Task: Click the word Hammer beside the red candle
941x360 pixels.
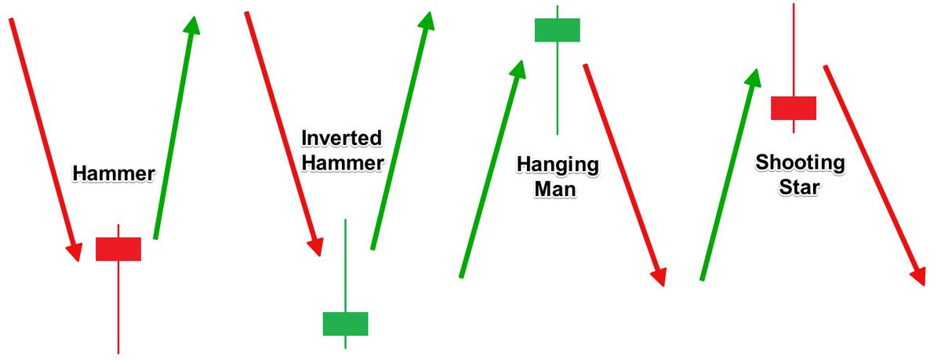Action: point(114,173)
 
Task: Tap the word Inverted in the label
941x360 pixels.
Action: point(341,140)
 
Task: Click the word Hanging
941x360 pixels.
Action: point(558,165)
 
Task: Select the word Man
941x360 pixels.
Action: point(556,189)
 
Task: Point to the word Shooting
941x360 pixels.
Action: point(800,163)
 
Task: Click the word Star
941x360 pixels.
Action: point(799,188)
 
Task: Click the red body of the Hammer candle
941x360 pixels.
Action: point(118,249)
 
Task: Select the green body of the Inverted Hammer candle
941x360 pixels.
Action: point(345,324)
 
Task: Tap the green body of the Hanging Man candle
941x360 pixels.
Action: point(557,30)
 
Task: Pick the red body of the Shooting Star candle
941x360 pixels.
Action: point(794,108)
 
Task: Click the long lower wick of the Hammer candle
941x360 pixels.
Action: point(118,306)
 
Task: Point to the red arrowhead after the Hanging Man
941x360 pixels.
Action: point(658,277)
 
